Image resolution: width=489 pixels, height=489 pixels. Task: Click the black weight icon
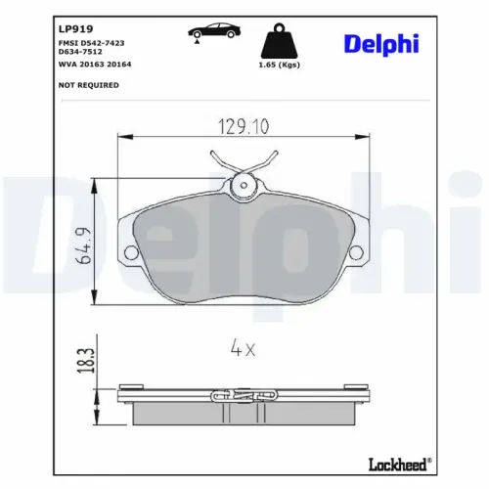[280, 41]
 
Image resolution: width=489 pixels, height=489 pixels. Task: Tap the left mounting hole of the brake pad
[131, 253]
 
